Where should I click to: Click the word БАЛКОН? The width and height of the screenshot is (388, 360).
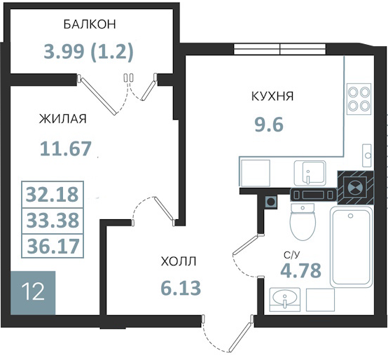[x=90, y=25]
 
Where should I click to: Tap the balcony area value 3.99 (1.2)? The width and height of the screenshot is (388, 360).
[x=88, y=52]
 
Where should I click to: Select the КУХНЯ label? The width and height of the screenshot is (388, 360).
[x=272, y=96]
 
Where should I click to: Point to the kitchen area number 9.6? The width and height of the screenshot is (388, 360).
[x=269, y=124]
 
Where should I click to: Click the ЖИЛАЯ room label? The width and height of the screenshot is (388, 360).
[x=63, y=118]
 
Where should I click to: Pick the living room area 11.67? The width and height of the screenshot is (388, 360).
[x=66, y=148]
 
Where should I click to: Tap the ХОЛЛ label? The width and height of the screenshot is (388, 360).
[x=179, y=261]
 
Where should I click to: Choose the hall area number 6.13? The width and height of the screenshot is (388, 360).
[x=181, y=289]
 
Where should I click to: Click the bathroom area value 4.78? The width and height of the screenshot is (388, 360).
[x=301, y=270]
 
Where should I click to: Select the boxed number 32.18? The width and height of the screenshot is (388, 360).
[x=53, y=194]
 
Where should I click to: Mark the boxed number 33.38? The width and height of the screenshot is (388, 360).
[x=53, y=220]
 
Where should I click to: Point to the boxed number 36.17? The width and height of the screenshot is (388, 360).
[x=53, y=246]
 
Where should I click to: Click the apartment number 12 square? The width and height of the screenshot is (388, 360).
[x=33, y=293]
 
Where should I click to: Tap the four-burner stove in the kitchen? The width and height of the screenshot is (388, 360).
[x=359, y=99]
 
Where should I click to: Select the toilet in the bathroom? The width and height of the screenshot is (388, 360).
[x=303, y=222]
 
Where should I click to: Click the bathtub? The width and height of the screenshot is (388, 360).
[x=351, y=247]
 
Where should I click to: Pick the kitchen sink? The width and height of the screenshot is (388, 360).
[x=310, y=173]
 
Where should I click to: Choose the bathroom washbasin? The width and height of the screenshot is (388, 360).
[x=285, y=299]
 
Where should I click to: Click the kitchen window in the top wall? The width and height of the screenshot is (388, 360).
[x=280, y=49]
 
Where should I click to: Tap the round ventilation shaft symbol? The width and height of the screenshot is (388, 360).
[x=355, y=187]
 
